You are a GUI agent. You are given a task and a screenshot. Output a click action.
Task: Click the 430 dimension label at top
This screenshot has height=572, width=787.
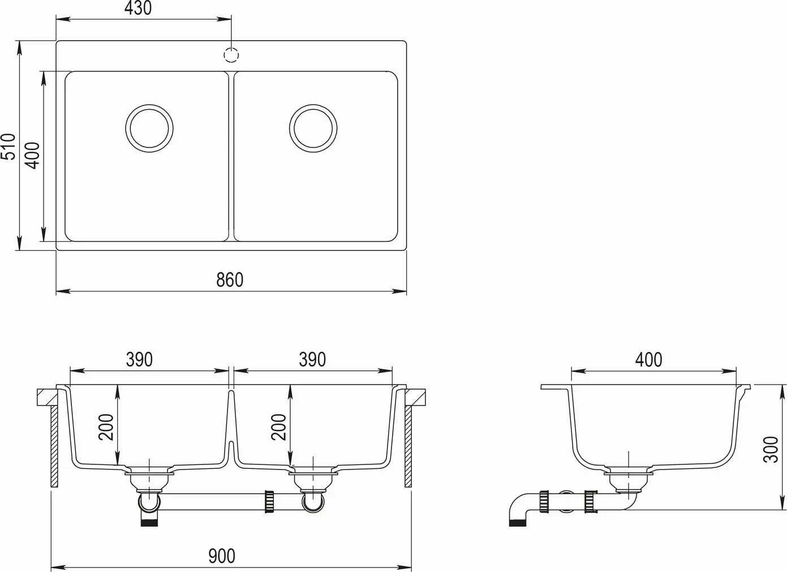pyautogui.click(x=138, y=8)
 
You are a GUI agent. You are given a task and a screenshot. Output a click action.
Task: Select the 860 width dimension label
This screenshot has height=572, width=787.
pyautogui.click(x=230, y=280)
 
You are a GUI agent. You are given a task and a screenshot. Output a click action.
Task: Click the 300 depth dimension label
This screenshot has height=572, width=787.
pyautogui.click(x=771, y=450)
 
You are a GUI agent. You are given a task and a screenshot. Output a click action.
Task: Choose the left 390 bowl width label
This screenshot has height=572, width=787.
pyautogui.click(x=140, y=360)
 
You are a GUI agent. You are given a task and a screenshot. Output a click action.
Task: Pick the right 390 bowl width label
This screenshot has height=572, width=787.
pyautogui.click(x=312, y=360)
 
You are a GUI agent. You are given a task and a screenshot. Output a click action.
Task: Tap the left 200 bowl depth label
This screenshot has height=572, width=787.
pyautogui.click(x=106, y=427)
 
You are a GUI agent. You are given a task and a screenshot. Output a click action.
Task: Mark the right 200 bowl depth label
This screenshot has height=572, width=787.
pyautogui.click(x=278, y=427)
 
